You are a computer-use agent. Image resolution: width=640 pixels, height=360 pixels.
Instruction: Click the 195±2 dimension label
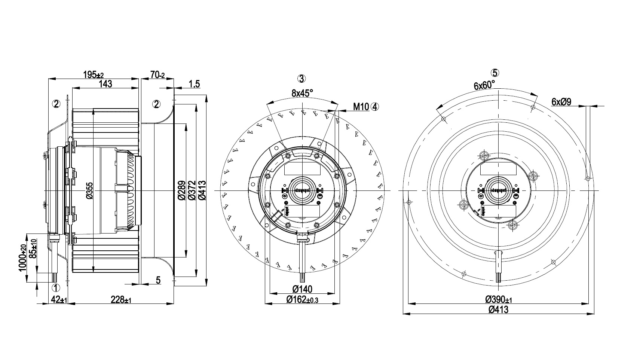93,74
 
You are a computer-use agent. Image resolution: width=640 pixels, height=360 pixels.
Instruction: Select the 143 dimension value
106,84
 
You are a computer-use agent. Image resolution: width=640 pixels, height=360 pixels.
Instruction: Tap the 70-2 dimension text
157,74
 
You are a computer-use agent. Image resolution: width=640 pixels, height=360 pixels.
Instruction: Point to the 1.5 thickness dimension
194,84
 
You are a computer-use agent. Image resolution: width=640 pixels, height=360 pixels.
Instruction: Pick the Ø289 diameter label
181,190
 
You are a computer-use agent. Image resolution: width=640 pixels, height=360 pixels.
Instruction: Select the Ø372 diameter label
192,190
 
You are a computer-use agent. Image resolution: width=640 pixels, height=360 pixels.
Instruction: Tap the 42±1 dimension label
59,299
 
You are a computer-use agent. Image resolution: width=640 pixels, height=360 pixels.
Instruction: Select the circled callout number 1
55,287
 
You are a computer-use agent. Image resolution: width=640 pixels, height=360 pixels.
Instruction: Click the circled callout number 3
301,79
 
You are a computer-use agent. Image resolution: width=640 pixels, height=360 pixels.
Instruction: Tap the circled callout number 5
496,73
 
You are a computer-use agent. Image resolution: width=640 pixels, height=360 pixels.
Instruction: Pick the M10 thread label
361,107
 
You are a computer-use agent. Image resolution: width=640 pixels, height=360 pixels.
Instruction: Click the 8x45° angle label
302,93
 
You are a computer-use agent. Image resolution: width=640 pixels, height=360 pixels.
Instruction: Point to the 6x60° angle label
484,85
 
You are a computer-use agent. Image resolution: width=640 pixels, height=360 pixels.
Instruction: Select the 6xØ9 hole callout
561,101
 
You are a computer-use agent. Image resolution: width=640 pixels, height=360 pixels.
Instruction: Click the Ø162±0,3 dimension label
302,299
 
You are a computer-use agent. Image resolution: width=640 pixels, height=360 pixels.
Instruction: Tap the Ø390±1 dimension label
499,300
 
